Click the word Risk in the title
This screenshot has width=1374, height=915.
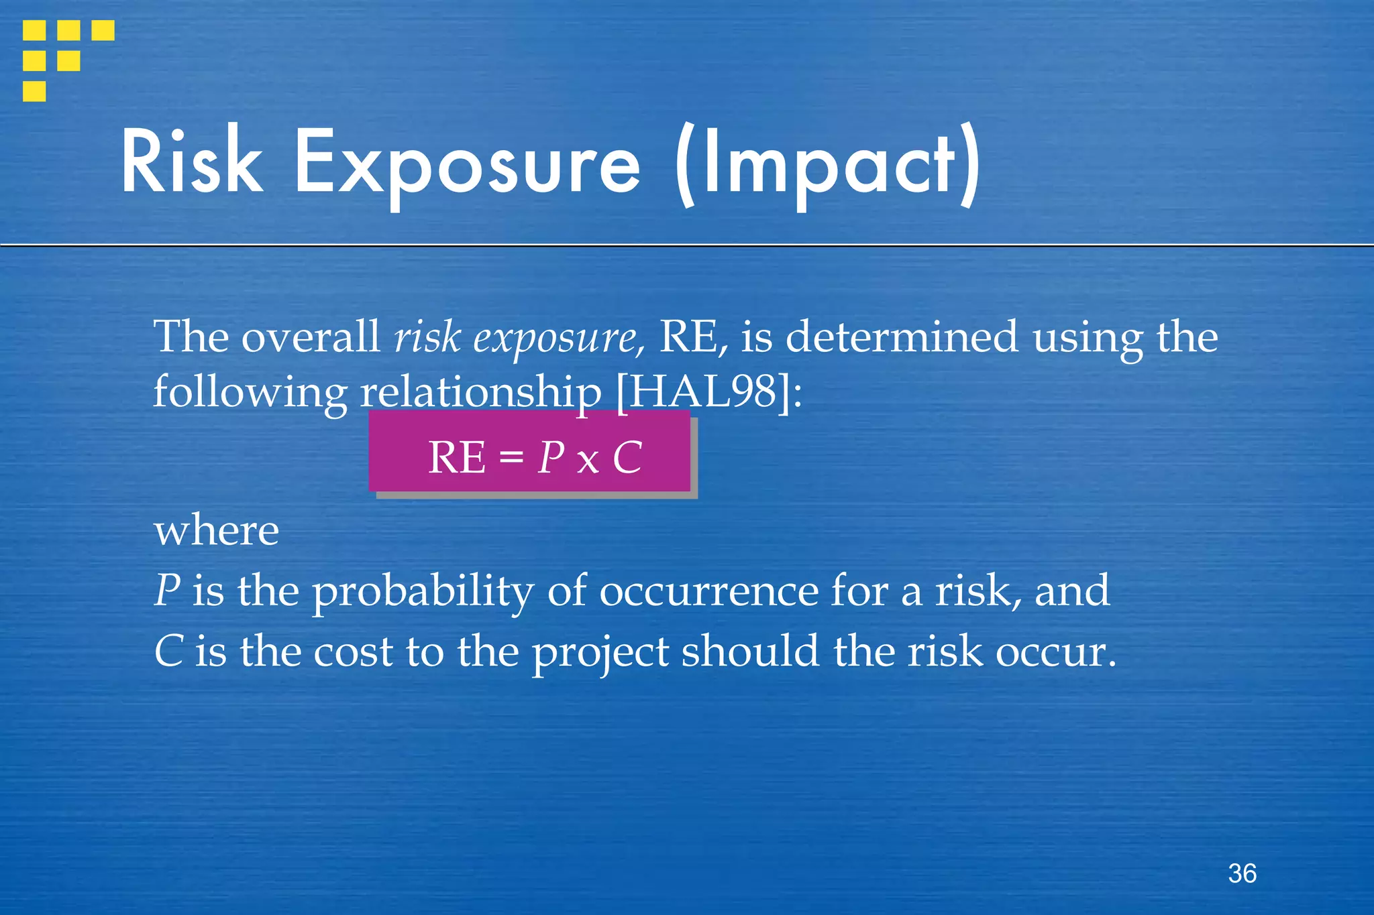coord(192,161)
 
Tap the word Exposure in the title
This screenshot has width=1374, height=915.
coord(468,164)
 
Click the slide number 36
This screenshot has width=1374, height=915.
coord(1242,873)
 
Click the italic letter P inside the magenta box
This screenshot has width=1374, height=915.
coord(551,458)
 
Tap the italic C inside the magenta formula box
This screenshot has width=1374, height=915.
coord(627,458)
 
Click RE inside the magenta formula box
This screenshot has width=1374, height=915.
coord(456,458)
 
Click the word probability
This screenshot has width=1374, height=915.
coord(423,591)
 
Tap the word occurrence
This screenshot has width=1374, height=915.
coord(708,591)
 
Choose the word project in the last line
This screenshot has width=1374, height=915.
coord(600,652)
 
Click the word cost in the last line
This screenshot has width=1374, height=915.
coord(353,652)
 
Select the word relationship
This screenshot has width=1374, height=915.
coord(480,391)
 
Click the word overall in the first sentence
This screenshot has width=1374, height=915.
coord(311,337)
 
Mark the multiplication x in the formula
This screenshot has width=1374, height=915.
coord(588,461)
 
